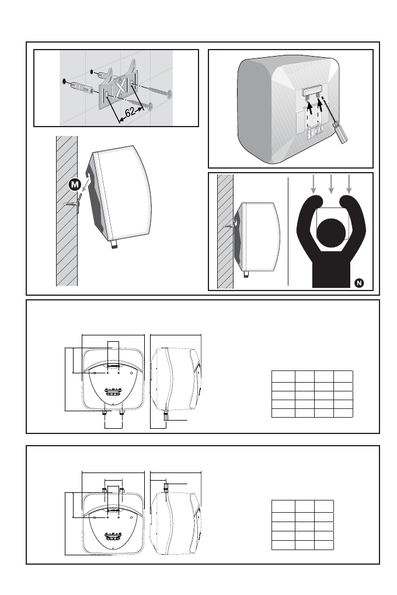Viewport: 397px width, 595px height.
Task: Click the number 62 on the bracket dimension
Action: pos(130,112)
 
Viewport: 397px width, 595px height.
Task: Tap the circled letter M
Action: pos(75,185)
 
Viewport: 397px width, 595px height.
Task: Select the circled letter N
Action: pos(358,283)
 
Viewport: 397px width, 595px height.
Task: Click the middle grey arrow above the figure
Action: pos(331,184)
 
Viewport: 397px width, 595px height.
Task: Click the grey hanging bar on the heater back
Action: pos(312,92)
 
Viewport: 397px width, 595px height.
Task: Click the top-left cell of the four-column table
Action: pos(283,376)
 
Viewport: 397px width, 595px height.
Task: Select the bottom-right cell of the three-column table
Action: pos(324,545)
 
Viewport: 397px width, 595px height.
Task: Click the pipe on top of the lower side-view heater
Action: pos(166,487)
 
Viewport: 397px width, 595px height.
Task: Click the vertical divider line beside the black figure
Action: pos(288,231)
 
